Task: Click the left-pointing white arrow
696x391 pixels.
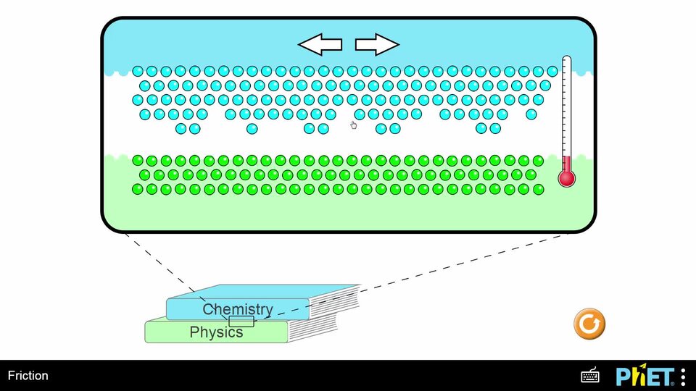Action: (320, 45)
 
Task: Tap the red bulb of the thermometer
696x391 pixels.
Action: (566, 177)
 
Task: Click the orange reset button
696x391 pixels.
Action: (589, 324)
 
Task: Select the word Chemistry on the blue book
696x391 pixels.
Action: (238, 309)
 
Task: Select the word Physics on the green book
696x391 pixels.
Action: (216, 332)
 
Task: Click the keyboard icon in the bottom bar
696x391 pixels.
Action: (590, 376)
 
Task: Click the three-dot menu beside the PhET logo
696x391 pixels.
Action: (683, 376)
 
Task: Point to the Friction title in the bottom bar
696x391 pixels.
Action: (28, 376)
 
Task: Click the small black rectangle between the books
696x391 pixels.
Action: (241, 321)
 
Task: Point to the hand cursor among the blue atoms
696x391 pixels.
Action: (354, 125)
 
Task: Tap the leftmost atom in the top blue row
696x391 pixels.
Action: (138, 71)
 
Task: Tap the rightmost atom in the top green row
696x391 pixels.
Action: (538, 161)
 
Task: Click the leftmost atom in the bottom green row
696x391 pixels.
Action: (138, 189)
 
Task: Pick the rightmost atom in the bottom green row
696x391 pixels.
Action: (538, 189)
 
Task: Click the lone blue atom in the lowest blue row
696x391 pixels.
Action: (252, 128)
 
